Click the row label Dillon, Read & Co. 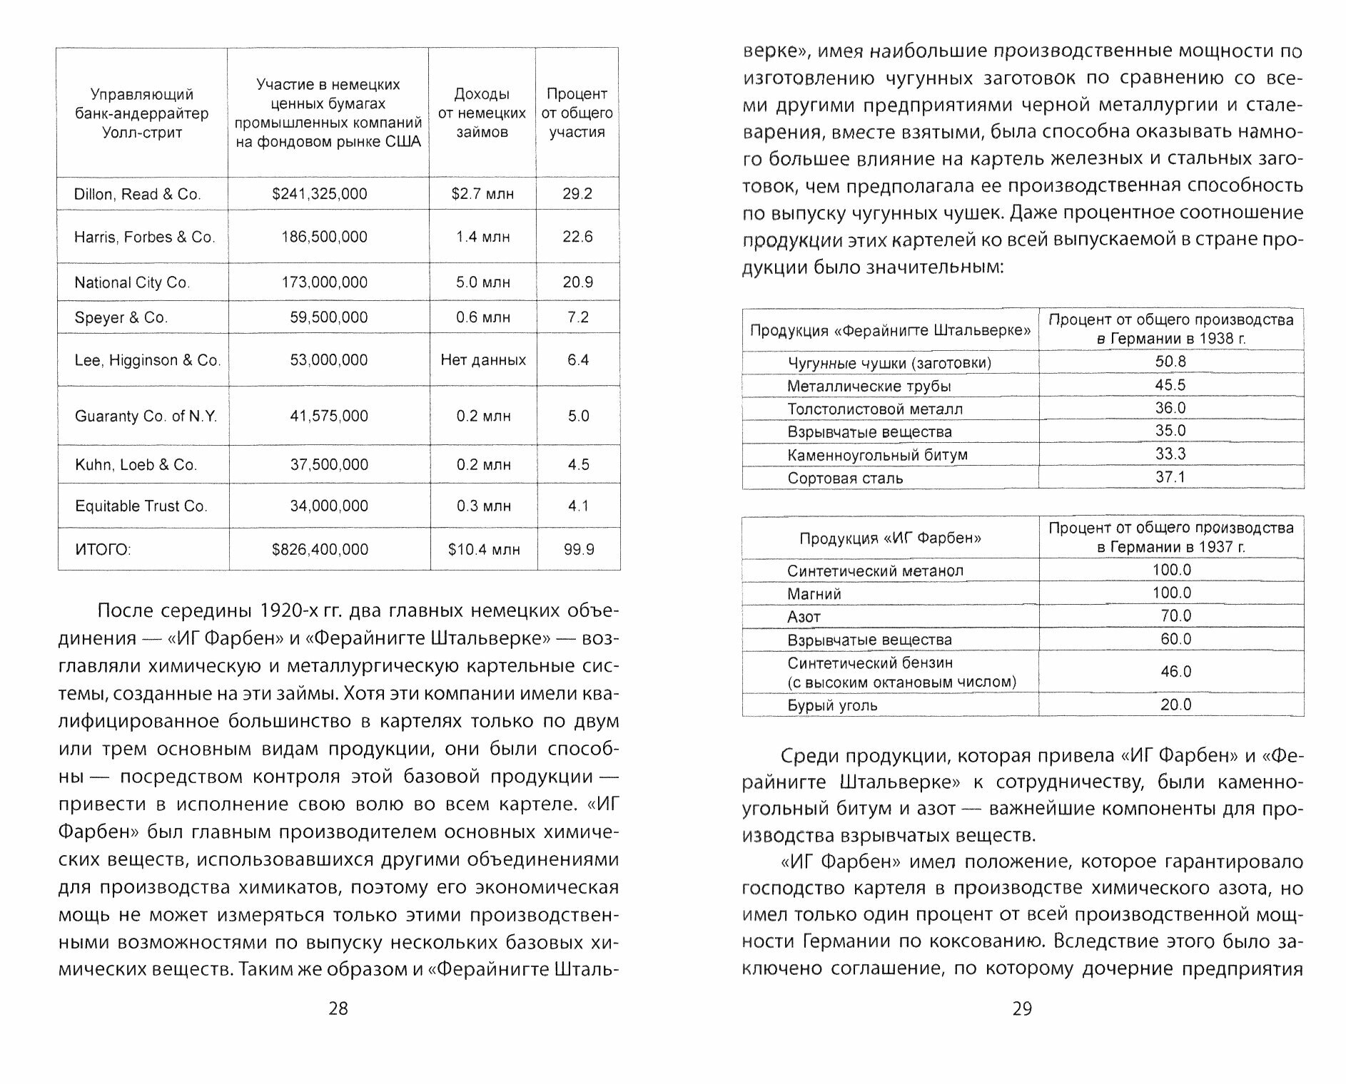[x=138, y=194]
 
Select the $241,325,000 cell [x=320, y=194]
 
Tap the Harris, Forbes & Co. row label [x=144, y=237]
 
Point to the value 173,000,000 [x=325, y=282]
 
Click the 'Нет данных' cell [x=483, y=360]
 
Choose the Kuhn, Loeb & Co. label [x=136, y=465]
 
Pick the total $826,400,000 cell [x=320, y=549]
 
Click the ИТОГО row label [x=103, y=549]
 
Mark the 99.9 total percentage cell [x=578, y=549]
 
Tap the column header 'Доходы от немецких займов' [x=482, y=113]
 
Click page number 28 [x=338, y=1008]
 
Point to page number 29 [x=1022, y=1008]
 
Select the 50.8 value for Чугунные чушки [x=1170, y=362]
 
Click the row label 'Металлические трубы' [x=869, y=386]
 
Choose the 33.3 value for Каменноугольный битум [x=1170, y=454]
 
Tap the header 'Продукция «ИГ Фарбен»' [x=890, y=538]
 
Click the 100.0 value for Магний [x=1171, y=593]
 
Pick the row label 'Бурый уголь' [x=832, y=705]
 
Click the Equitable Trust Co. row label [x=141, y=506]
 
